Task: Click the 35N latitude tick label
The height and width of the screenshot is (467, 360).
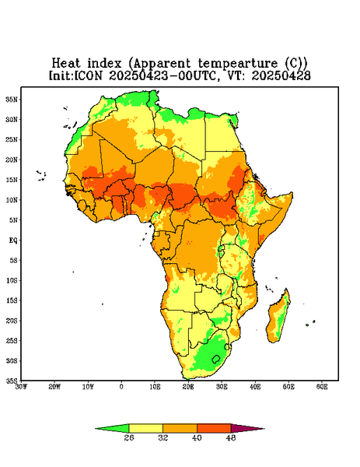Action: [12, 99]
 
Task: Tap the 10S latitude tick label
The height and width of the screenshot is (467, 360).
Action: [12, 280]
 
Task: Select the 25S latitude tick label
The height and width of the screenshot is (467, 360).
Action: [12, 340]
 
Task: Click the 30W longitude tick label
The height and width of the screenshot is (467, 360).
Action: [21, 387]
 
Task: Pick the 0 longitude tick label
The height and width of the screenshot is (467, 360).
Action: [121, 387]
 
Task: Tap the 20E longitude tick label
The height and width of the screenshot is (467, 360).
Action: [188, 387]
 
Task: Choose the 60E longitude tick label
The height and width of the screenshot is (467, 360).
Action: [322, 387]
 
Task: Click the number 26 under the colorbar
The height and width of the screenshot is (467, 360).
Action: [129, 437]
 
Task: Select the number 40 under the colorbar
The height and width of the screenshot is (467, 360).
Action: [197, 437]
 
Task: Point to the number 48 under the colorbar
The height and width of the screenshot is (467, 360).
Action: [231, 437]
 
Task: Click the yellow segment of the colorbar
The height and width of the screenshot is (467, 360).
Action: [145, 428]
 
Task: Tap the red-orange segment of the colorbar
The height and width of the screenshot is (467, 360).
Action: [214, 428]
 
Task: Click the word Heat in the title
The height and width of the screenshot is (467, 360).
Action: [66, 63]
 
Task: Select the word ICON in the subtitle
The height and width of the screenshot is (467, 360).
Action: [88, 75]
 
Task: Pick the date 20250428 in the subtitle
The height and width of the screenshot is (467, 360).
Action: [281, 75]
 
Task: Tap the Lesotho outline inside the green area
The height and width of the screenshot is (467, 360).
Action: [215, 359]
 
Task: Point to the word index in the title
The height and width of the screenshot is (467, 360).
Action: [104, 63]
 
